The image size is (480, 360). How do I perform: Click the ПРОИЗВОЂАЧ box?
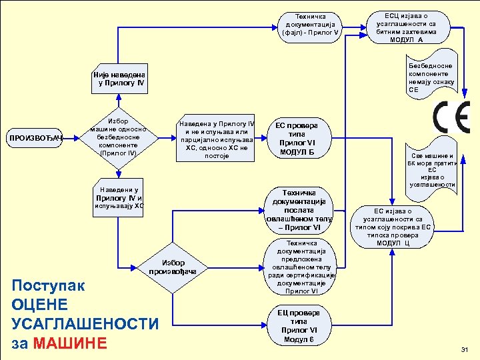[x=34, y=138]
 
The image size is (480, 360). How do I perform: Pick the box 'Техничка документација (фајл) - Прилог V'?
[x=311, y=25]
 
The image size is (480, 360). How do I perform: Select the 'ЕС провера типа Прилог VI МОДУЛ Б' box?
[x=297, y=138]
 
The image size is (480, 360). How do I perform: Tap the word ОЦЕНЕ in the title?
[x=40, y=305]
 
